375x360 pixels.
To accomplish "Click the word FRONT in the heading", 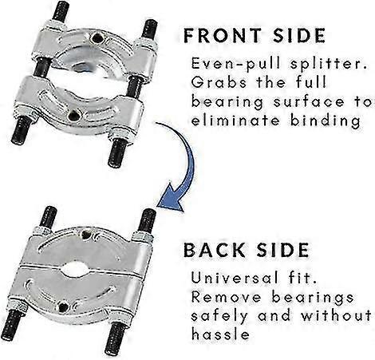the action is pos(223,36).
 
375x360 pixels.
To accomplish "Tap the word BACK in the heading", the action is pos(214,250).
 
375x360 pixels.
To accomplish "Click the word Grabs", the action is pos(219,82).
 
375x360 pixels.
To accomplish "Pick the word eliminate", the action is pos(235,121).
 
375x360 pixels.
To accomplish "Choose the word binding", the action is pos(326,121).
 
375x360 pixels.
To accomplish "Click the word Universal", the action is pos(235,278).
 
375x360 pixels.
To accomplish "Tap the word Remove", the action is pos(226,297).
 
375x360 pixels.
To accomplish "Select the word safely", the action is pos(219,317).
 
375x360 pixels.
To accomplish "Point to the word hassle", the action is pos(220,334).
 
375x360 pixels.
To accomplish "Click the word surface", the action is pos(309,102).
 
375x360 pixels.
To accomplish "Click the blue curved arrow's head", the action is pos(170,198).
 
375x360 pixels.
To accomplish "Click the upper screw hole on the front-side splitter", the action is pos(95,39).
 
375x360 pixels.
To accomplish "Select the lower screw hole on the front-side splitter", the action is pos(73,116).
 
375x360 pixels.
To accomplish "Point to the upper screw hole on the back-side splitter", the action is pos(86,235).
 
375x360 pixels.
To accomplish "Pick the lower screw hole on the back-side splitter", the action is pos(63,307).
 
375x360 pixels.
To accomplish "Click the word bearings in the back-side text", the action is pos(313,298).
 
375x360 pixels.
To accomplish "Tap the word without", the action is pos(336,316).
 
